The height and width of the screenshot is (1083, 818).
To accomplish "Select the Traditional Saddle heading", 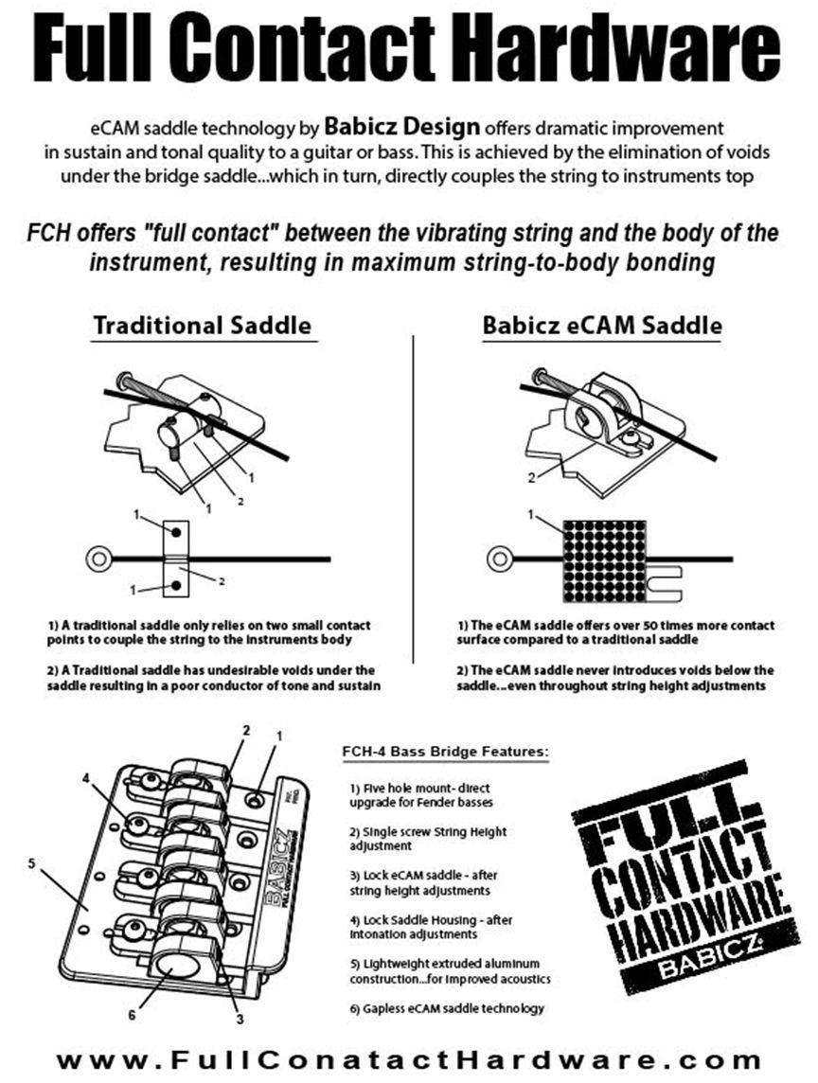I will pos(202,326).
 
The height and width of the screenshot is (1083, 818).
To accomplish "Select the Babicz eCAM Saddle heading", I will pos(602,326).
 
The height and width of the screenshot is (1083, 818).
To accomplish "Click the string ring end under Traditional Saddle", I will pos(98,559).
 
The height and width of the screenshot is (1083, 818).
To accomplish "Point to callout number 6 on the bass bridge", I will pos(132,1016).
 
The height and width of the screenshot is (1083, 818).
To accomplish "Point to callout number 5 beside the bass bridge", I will pos(31,863).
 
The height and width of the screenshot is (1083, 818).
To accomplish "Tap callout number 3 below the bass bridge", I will pos(240,1020).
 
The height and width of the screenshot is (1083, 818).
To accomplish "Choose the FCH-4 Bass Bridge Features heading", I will pos(444,754).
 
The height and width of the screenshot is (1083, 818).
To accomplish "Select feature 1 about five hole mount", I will pos(420,794).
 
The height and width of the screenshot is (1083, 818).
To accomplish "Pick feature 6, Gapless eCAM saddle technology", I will pos(447,1008).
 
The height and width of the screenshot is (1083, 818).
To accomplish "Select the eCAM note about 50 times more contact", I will pos(614,632).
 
